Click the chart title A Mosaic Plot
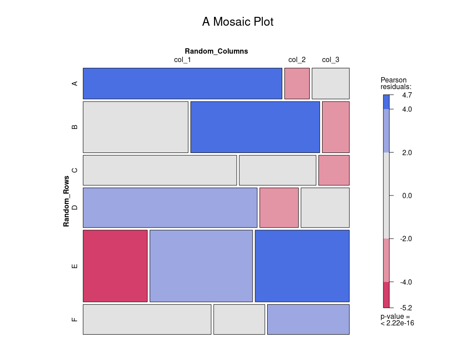tap(237, 22)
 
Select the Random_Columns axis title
tap(216, 51)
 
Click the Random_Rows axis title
tap(66, 201)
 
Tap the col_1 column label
tap(182, 60)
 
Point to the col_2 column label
tap(297, 60)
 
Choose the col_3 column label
tap(331, 60)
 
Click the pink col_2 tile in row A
tap(297, 83)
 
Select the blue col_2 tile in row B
tap(255, 127)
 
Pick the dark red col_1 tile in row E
tap(115, 266)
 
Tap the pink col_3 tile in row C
tap(334, 170)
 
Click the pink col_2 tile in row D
tap(279, 207)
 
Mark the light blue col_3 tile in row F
tap(308, 319)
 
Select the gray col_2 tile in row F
tap(239, 319)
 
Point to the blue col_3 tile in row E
tap(302, 266)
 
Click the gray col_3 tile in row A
tap(331, 83)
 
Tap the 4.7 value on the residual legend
tap(407, 95)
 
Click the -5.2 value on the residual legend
tap(407, 308)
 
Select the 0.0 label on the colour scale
tap(407, 196)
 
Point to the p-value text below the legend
tap(397, 320)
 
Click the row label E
tap(74, 266)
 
